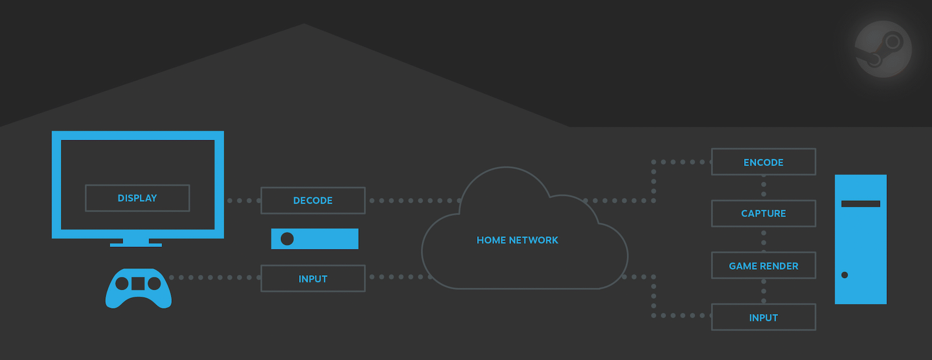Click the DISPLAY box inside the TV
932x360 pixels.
click(137, 198)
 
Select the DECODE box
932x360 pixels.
click(313, 200)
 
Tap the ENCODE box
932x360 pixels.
click(764, 162)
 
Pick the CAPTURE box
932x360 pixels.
click(764, 213)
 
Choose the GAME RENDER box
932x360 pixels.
click(764, 265)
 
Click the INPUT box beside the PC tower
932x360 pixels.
click(764, 317)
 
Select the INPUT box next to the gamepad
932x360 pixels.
click(313, 278)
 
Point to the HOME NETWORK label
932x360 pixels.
click(517, 240)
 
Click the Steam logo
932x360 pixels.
click(883, 49)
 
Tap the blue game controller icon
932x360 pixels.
click(138, 288)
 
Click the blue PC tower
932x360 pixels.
click(861, 239)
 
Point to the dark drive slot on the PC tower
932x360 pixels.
click(861, 204)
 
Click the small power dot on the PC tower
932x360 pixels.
click(845, 275)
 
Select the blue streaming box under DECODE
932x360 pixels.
click(315, 239)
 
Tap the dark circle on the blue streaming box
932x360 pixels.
click(287, 239)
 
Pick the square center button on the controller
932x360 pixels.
click(138, 283)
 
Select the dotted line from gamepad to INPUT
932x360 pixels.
click(215, 278)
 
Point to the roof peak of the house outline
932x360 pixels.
click(304, 24)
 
